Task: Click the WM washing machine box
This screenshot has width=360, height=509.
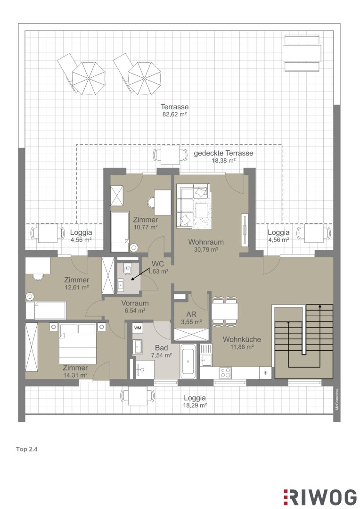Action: (x=138, y=328)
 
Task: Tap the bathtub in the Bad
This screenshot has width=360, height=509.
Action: (x=188, y=361)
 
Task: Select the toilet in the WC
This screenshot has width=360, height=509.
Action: (x=127, y=269)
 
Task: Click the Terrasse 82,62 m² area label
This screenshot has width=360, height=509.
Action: (x=175, y=110)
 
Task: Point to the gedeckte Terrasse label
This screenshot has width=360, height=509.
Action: (x=223, y=153)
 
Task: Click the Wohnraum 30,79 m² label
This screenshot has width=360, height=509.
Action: (x=206, y=246)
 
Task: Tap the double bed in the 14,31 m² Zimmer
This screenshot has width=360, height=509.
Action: (x=78, y=344)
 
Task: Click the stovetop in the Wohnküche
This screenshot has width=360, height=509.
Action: (x=225, y=373)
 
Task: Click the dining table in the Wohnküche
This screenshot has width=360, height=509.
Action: (x=225, y=311)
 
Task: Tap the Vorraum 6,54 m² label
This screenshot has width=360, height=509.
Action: (x=135, y=307)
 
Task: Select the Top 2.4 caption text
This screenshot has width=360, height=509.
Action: (x=27, y=450)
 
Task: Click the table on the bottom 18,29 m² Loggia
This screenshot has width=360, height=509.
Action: (x=138, y=397)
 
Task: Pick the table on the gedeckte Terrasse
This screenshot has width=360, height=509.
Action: (x=170, y=155)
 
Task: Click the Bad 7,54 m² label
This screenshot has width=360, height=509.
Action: (x=161, y=351)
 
